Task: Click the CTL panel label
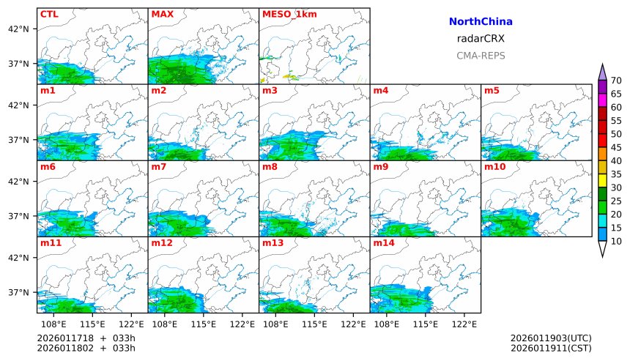coord(49,14)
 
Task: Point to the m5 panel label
coord(492,91)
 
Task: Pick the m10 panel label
coord(495,167)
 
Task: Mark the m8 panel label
coord(269,167)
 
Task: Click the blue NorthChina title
coord(481,22)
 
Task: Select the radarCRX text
coord(481,39)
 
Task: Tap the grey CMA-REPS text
coord(481,56)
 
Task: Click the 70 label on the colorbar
coord(616,81)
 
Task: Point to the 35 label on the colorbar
coord(616,174)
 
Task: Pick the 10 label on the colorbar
coord(616,241)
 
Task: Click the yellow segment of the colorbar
coord(602,180)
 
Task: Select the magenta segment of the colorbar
coord(602,100)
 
